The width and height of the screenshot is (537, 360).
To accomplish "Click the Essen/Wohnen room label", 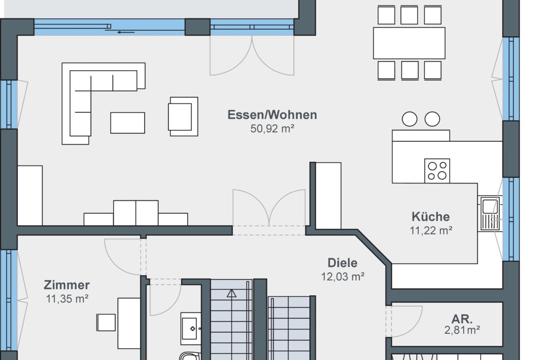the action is click(272, 115).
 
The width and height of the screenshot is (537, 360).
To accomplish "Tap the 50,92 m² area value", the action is click(272, 129).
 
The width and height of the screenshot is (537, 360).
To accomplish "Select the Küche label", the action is click(431, 216).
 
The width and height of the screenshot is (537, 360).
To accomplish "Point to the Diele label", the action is click(342, 263).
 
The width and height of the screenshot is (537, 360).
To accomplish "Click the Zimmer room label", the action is click(67, 285).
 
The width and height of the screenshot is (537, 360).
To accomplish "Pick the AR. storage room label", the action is click(462, 319).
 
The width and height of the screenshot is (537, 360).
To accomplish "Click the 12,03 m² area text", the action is click(342, 277).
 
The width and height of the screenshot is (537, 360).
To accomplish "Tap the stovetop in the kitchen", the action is click(437, 171).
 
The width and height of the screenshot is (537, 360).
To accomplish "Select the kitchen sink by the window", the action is click(490, 213).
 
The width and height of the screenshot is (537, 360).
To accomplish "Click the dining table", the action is click(409, 43).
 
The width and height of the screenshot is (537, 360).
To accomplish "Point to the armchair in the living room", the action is click(183, 116).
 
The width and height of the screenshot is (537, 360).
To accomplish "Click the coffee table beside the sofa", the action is click(128, 123).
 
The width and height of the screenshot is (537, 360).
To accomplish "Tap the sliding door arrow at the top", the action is click(126, 32).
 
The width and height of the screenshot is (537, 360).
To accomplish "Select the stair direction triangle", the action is click(231, 293).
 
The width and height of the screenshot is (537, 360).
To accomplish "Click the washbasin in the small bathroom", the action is click(191, 328).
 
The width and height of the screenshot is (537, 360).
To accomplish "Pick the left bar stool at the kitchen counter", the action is click(409, 119).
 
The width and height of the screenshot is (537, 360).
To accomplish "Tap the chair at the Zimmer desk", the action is click(106, 322).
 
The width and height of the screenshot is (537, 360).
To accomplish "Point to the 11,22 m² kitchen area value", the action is click(431, 231).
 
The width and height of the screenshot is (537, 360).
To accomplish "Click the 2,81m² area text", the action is click(462, 330).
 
